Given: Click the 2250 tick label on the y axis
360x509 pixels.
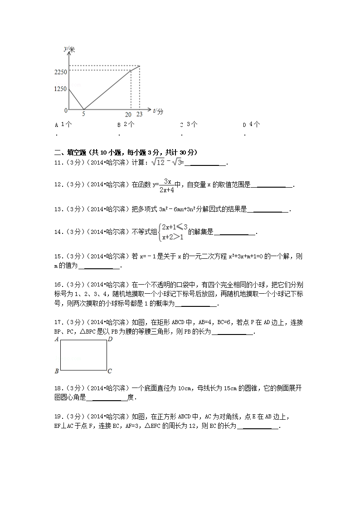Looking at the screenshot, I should tap(60, 72).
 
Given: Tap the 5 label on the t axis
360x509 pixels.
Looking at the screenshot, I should tap(83, 115).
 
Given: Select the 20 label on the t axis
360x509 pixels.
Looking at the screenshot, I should tap(128, 115).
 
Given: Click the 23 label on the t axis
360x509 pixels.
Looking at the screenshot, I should tap(139, 115).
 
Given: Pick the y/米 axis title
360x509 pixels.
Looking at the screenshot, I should tap(69, 48).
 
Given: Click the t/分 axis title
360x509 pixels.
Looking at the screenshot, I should tap(158, 111).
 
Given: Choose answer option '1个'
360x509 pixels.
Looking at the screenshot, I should tap(66, 124).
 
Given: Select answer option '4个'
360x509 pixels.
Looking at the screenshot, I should tap(254, 124).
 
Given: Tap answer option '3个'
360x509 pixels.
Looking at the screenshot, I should tap(192, 124).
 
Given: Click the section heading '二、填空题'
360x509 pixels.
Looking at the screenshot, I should tap(68, 152).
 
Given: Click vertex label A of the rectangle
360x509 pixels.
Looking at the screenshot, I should tap(56, 339).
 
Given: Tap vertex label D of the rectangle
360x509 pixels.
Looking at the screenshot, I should tap(110, 339).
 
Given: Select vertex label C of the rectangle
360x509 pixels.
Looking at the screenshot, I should tap(110, 371).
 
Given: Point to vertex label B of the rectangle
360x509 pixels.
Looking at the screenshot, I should tap(56, 371).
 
